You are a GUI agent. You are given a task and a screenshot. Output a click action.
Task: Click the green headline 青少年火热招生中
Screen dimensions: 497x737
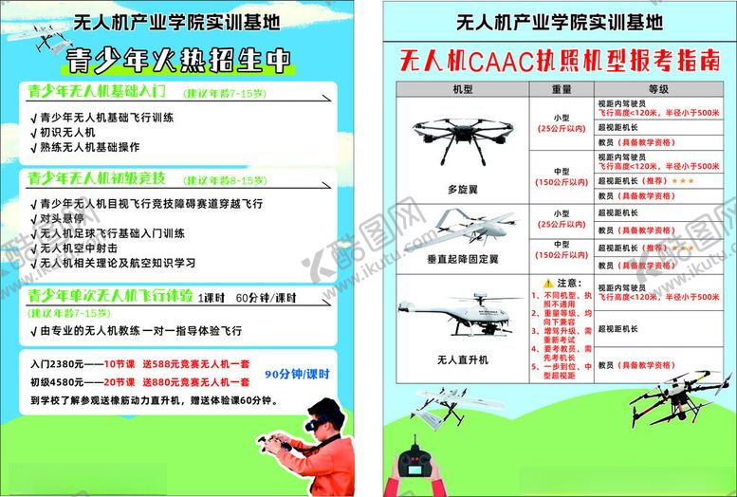pyautogui.click(x=178, y=61)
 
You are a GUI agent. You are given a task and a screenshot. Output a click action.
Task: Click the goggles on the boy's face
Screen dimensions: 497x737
pyautogui.click(x=317, y=414)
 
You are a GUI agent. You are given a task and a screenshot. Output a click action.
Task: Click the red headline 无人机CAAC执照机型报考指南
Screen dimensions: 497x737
pyautogui.click(x=560, y=62)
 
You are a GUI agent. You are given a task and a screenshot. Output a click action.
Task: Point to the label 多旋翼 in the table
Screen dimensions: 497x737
pyautogui.click(x=461, y=189)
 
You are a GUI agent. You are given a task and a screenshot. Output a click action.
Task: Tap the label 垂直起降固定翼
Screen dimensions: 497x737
pyautogui.click(x=462, y=259)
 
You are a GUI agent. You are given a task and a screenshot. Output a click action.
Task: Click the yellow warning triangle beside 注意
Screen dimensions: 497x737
pyautogui.click(x=547, y=283)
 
